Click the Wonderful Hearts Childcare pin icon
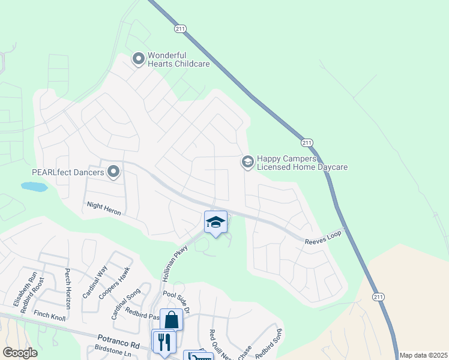[139, 59]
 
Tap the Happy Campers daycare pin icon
[247, 162]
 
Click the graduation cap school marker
[215, 223]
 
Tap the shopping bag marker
[171, 320]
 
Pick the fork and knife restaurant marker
[163, 343]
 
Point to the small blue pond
[34, 187]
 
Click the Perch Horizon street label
[68, 289]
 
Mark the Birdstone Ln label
[113, 353]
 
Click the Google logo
[20, 353]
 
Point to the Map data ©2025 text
[423, 355]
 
